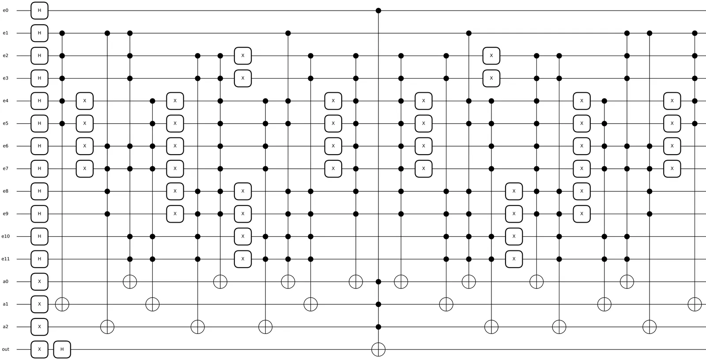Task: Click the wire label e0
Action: coord(5,10)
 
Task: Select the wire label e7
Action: coord(5,169)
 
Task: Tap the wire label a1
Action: coord(5,304)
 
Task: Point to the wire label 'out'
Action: coord(5,349)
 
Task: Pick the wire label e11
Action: coord(5,259)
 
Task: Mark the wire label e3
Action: coord(5,78)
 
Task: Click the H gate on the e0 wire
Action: coord(39,10)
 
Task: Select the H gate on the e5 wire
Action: coord(39,123)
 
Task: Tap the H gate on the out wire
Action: coord(62,349)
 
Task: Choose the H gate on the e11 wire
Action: coord(39,259)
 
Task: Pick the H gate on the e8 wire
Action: coord(39,191)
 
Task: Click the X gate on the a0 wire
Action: coord(39,281)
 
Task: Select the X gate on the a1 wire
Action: coord(39,304)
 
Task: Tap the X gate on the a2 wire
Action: coord(39,327)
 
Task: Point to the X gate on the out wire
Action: coord(39,349)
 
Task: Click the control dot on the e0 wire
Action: coord(378,10)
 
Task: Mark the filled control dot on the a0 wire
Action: coord(378,281)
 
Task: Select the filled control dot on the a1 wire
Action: coord(378,304)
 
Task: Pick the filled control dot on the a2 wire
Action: coord(378,327)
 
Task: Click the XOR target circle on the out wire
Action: coord(378,349)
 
